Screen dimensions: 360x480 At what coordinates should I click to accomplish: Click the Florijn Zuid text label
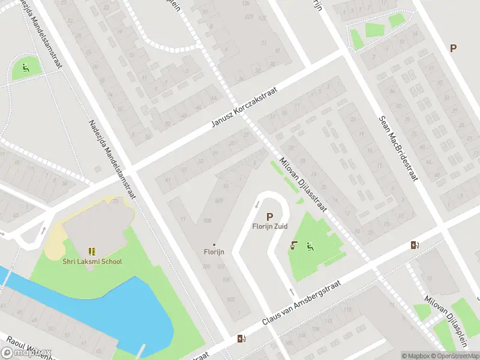click(x=269, y=226)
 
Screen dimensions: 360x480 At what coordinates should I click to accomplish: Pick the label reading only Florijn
click(x=214, y=252)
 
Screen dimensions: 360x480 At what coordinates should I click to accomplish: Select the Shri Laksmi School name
click(x=92, y=261)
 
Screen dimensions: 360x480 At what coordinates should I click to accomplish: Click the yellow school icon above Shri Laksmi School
click(x=92, y=251)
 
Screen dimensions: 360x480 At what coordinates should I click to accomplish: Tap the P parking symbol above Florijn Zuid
click(x=269, y=217)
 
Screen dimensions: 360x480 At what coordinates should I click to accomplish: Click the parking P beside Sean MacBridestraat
click(x=453, y=48)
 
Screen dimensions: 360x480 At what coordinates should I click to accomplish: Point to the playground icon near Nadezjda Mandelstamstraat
click(x=25, y=67)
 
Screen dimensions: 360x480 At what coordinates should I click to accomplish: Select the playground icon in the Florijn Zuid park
click(x=309, y=245)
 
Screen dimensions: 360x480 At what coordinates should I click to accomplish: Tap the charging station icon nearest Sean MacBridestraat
click(x=415, y=244)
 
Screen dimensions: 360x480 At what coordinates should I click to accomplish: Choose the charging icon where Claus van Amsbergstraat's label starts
click(x=241, y=339)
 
